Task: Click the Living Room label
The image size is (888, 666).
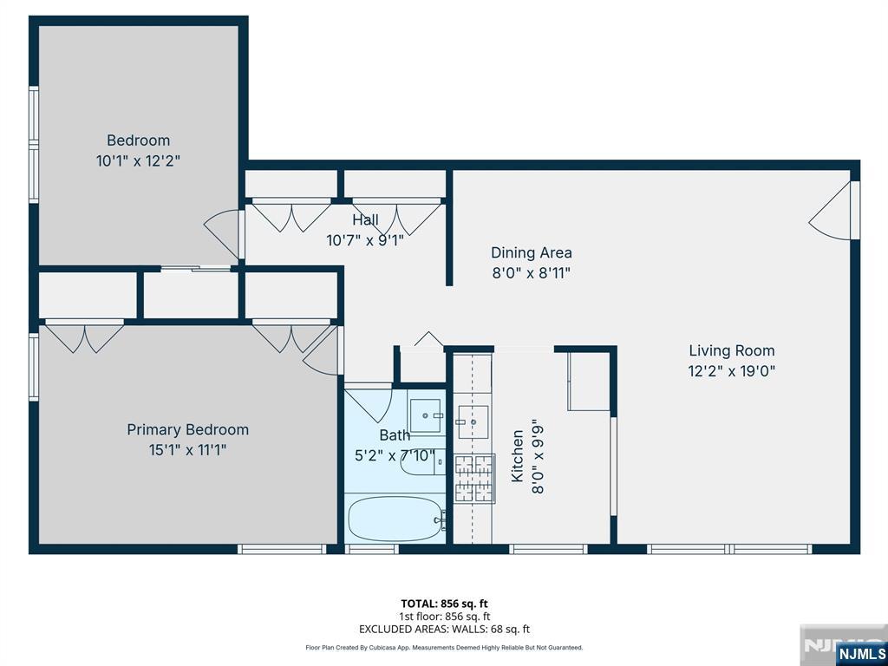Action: [x=732, y=350]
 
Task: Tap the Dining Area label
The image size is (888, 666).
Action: [x=532, y=252]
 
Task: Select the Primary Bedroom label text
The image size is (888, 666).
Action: [x=187, y=430]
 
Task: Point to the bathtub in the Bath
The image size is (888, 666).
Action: [x=395, y=519]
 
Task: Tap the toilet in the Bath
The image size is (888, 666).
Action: [x=422, y=462]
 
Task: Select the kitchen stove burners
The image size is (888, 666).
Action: [x=474, y=479]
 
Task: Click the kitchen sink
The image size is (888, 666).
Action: [x=473, y=421]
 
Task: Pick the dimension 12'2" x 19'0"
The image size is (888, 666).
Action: [x=732, y=371]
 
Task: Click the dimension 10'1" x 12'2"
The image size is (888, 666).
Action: [x=138, y=160]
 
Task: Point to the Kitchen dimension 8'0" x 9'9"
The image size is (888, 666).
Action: [x=538, y=456]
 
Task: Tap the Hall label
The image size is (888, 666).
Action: [x=365, y=219]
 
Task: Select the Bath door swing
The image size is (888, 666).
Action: [x=369, y=404]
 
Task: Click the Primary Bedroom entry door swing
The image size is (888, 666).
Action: [x=323, y=351]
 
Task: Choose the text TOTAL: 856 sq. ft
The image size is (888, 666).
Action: [x=444, y=604]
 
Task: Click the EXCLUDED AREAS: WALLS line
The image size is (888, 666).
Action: [x=444, y=629]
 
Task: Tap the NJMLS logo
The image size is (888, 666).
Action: [x=860, y=653]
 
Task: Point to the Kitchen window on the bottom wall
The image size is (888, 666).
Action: [x=548, y=549]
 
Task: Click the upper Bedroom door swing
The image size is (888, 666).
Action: [x=223, y=232]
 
